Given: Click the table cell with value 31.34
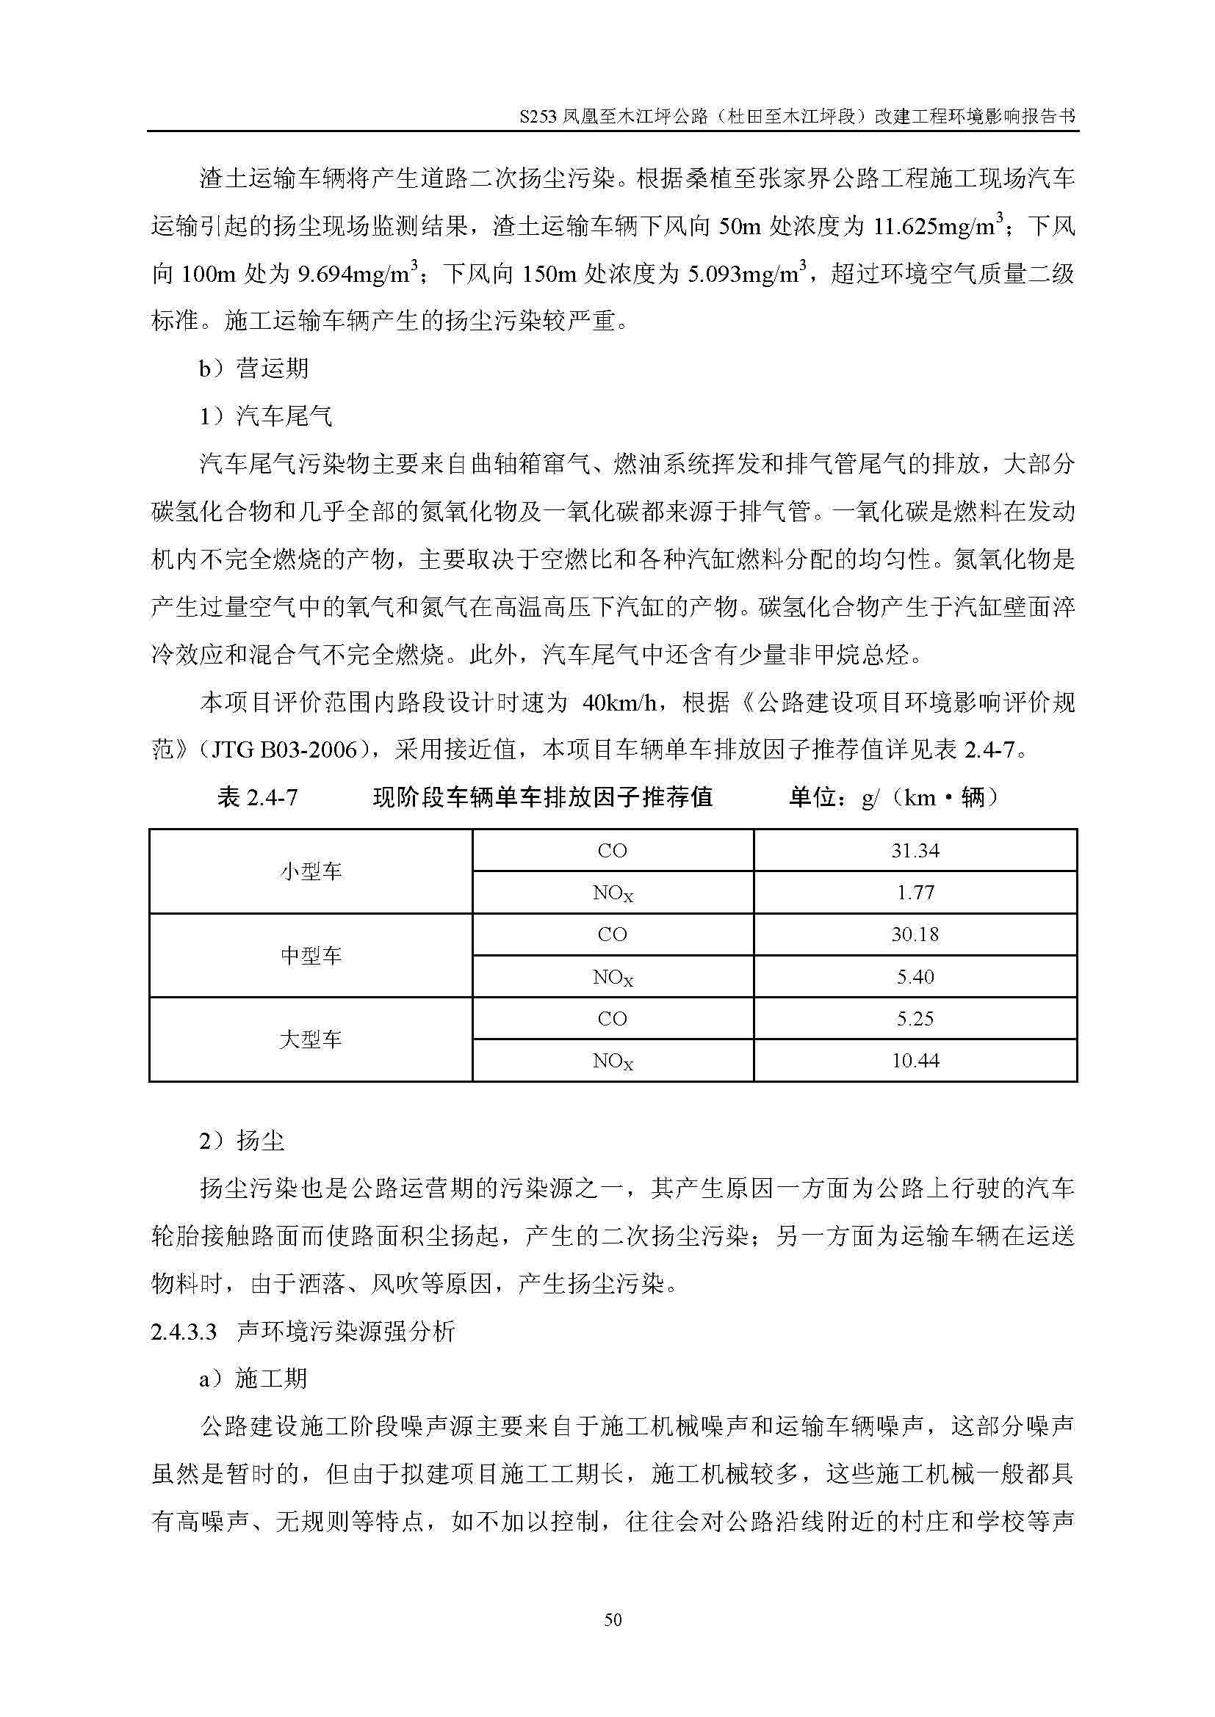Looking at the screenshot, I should click(915, 850).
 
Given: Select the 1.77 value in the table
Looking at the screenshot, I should click(915, 892).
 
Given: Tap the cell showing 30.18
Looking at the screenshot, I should click(915, 934).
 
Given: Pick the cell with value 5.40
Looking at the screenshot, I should click(915, 976).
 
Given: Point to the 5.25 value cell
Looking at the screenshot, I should click(915, 1019).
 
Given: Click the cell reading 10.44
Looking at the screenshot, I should click(915, 1061).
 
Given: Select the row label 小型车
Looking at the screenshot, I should click(311, 871).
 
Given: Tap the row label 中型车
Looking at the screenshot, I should click(311, 955).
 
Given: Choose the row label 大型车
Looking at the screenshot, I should click(311, 1039).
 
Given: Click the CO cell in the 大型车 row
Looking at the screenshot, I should click(612, 1019).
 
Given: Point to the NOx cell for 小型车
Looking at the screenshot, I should click(612, 893).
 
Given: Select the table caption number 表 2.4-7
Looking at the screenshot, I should click(256, 798).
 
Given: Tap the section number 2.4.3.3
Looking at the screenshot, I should click(184, 1332).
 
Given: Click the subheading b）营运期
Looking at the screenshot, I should click(253, 369).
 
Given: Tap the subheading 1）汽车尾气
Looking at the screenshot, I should click(266, 416).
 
